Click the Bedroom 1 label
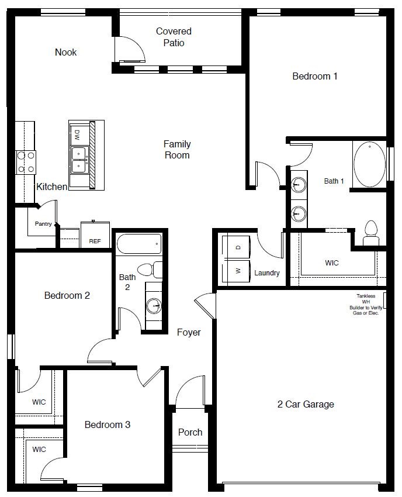315,76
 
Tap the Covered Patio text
174,37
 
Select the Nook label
65,52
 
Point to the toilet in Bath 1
370,233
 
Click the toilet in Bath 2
155,270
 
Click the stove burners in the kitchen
25,162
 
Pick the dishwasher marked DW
77,135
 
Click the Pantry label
43,223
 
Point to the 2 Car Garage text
306,404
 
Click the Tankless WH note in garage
366,305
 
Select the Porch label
190,432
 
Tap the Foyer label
189,332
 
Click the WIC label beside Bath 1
332,263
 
